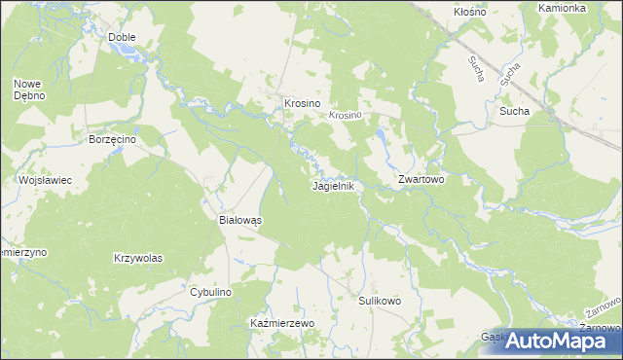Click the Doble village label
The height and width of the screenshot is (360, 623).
click(x=122, y=37)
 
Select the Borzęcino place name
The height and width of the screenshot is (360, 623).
click(x=110, y=140)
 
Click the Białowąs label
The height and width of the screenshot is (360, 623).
click(x=238, y=221)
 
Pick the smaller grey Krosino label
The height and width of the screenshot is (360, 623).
click(x=345, y=115)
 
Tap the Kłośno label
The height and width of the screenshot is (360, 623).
click(x=471, y=12)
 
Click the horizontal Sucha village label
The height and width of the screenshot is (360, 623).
click(x=514, y=111)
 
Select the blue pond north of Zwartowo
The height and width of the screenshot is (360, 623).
click(x=383, y=146)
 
